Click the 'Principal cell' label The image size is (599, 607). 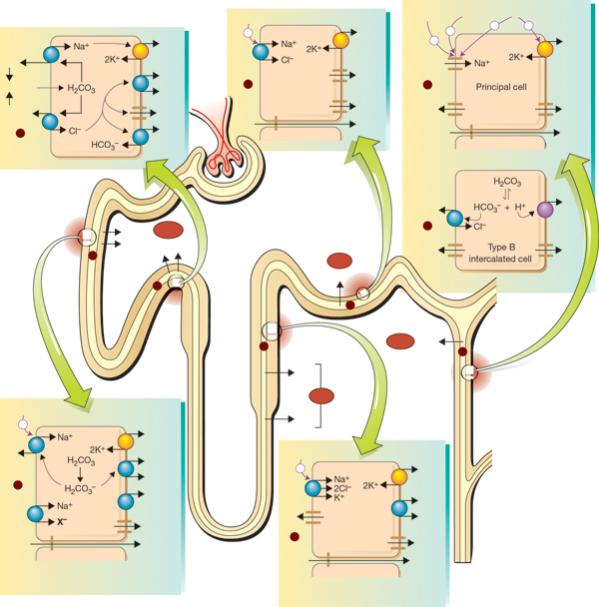(501, 87)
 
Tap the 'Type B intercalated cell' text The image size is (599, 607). (500, 253)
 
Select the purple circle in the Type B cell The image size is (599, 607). (545, 210)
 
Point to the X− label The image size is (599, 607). (62, 522)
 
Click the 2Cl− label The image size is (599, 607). (342, 488)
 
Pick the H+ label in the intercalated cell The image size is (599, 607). (520, 207)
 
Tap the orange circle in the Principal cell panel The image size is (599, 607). (545, 49)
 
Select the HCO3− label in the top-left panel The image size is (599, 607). (105, 145)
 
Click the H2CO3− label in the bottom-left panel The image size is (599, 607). (80, 489)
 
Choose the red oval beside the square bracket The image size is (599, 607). (321, 396)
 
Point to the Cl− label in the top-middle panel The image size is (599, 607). (288, 60)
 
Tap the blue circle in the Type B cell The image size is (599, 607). (454, 219)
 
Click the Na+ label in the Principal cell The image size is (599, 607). (482, 63)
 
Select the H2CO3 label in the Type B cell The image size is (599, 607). (507, 182)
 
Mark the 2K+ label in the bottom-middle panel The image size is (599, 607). (370, 485)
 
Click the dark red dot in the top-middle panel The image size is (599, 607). (248, 84)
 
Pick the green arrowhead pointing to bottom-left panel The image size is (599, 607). (79, 396)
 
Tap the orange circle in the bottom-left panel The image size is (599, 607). (126, 441)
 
